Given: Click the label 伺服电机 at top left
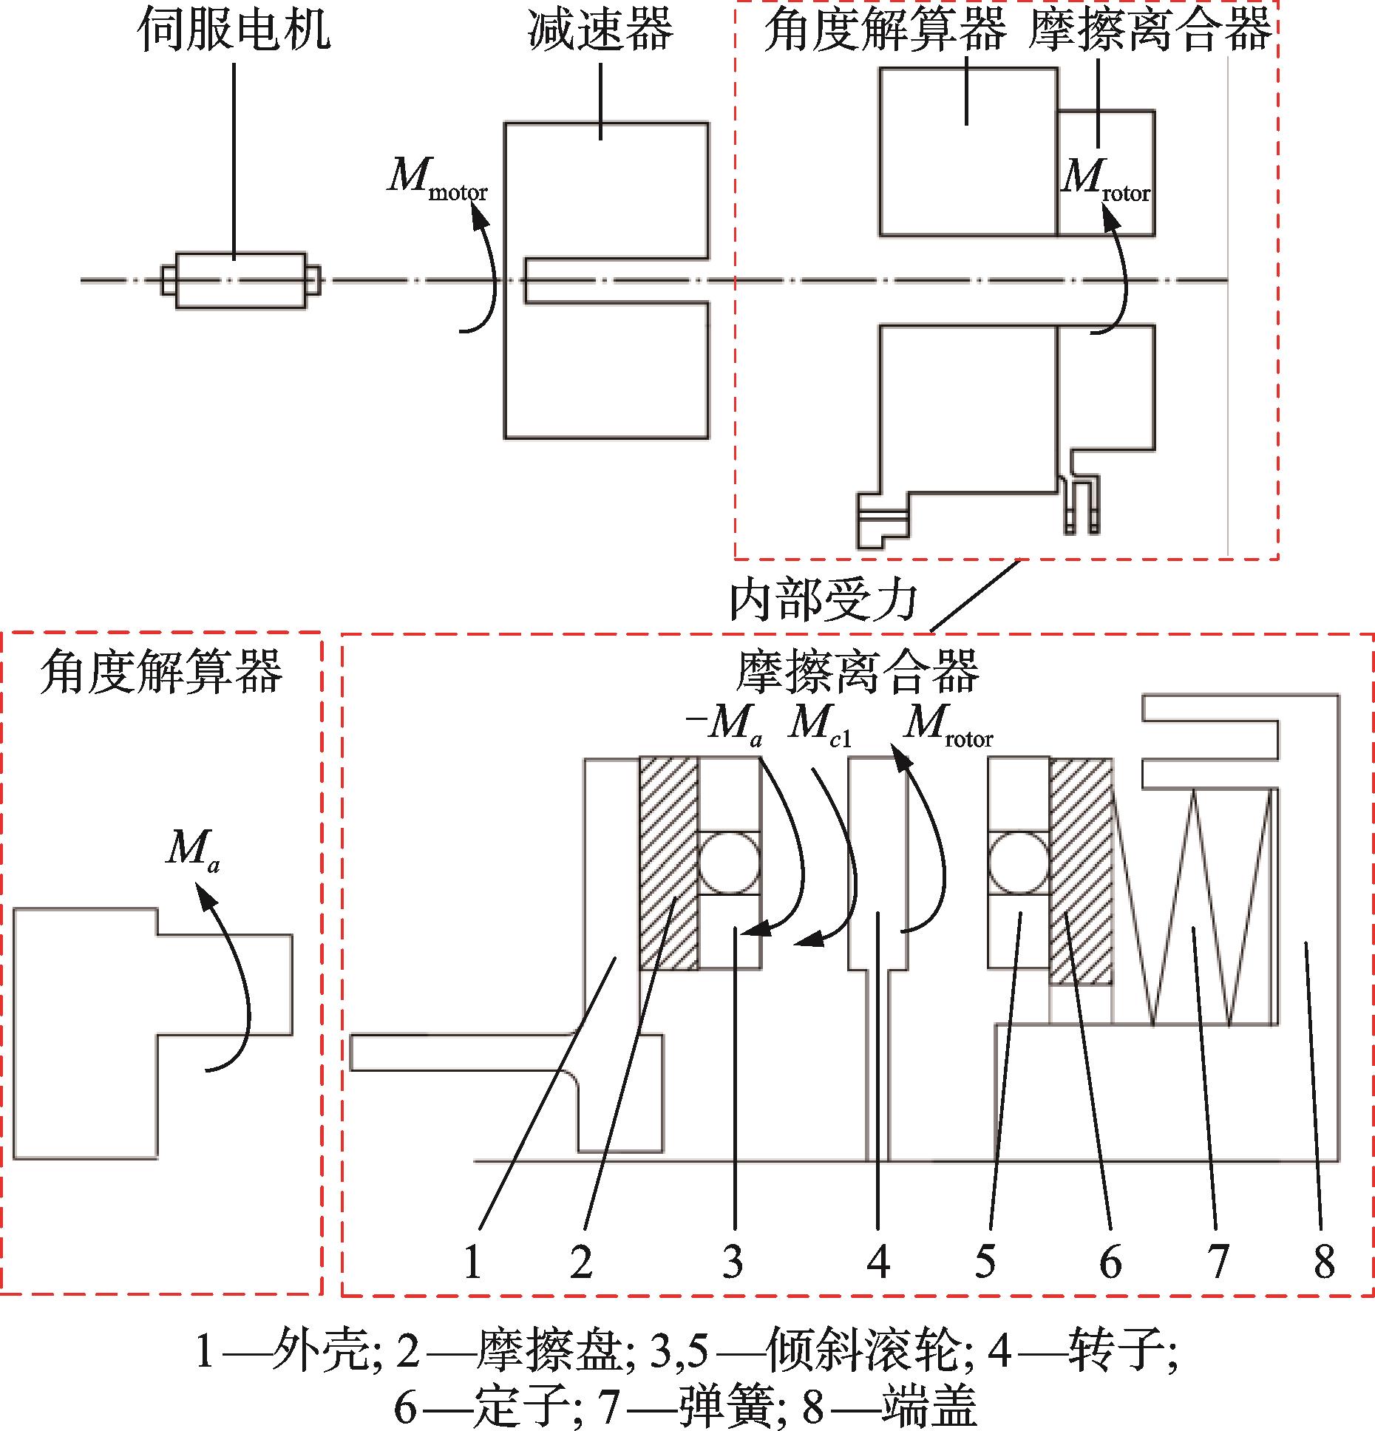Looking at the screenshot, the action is click(x=234, y=31).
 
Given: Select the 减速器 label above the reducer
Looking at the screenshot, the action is click(x=600, y=31).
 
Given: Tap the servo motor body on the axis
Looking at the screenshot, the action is click(x=241, y=280).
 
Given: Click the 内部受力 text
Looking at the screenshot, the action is click(x=823, y=600).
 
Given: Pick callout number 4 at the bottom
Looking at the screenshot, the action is click(x=877, y=1261).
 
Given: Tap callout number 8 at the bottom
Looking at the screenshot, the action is click(x=1324, y=1261).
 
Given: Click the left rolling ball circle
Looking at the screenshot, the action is click(x=730, y=863).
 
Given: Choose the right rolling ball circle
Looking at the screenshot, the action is click(x=1019, y=863).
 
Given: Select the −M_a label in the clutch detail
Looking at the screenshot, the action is click(x=724, y=723).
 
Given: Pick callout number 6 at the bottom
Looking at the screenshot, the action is click(x=1110, y=1261).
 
